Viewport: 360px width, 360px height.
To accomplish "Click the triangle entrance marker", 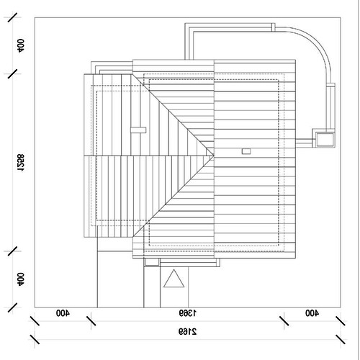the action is pyautogui.click(x=174, y=279).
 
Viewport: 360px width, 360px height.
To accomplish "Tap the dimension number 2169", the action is pyautogui.click(x=187, y=332).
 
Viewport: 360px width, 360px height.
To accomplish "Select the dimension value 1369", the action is pyautogui.click(x=187, y=313).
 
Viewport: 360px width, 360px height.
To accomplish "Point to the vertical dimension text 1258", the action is pyautogui.click(x=21, y=163).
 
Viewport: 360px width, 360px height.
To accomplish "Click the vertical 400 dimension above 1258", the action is pyautogui.click(x=21, y=45).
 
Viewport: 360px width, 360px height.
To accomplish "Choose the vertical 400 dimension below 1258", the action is pyautogui.click(x=21, y=279).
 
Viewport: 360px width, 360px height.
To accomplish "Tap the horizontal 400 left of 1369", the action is pyautogui.click(x=63, y=313).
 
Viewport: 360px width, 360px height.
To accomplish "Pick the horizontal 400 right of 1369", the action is pyautogui.click(x=312, y=313).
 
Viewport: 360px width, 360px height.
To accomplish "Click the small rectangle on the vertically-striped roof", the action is pyautogui.click(x=138, y=130).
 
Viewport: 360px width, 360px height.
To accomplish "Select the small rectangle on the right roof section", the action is pyautogui.click(x=246, y=151).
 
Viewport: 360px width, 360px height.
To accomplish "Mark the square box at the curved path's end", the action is pyautogui.click(x=325, y=139).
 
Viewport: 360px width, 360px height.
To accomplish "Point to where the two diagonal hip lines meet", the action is pyautogui.click(x=214, y=156).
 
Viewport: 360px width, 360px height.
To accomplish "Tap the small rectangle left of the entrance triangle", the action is pyautogui.click(x=152, y=262).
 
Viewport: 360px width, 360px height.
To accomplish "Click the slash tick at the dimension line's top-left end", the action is pyautogui.click(x=12, y=18).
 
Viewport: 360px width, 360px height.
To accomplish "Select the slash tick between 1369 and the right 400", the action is pyautogui.click(x=284, y=321).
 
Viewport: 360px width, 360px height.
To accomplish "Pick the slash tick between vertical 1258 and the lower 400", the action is pyautogui.click(x=12, y=251).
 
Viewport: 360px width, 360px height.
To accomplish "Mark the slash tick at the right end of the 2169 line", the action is pyautogui.click(x=341, y=339).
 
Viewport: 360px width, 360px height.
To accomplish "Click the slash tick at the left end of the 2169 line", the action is pyautogui.click(x=35, y=339).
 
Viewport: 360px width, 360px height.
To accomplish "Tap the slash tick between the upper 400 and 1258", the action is pyautogui.click(x=12, y=74).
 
